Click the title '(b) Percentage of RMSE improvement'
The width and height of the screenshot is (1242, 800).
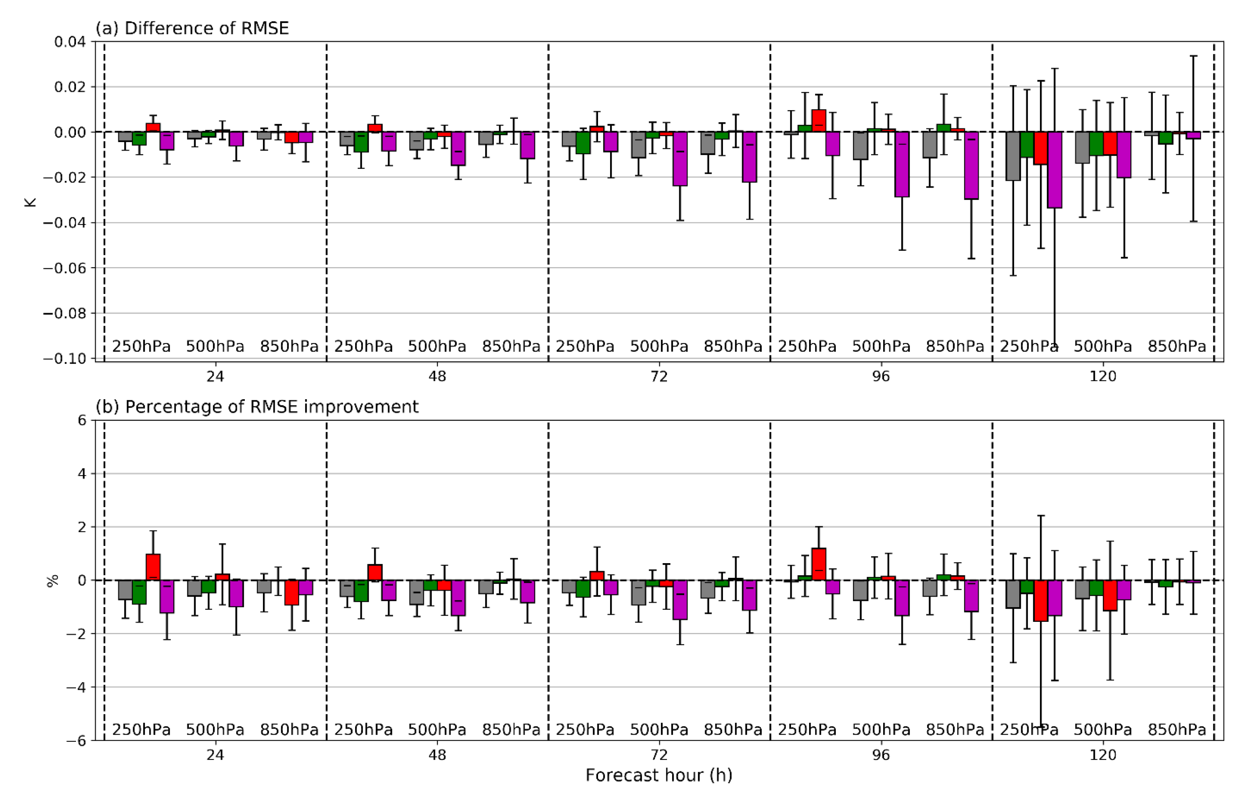coord(257,407)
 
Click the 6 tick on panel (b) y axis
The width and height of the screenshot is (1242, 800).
coord(82,420)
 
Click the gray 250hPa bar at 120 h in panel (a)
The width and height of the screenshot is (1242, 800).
coord(1013,156)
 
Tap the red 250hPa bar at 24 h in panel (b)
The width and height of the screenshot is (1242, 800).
coord(153,567)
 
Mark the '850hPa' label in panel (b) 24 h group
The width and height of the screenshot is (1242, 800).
coord(289,730)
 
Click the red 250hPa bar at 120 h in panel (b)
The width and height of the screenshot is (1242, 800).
coord(1040,600)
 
